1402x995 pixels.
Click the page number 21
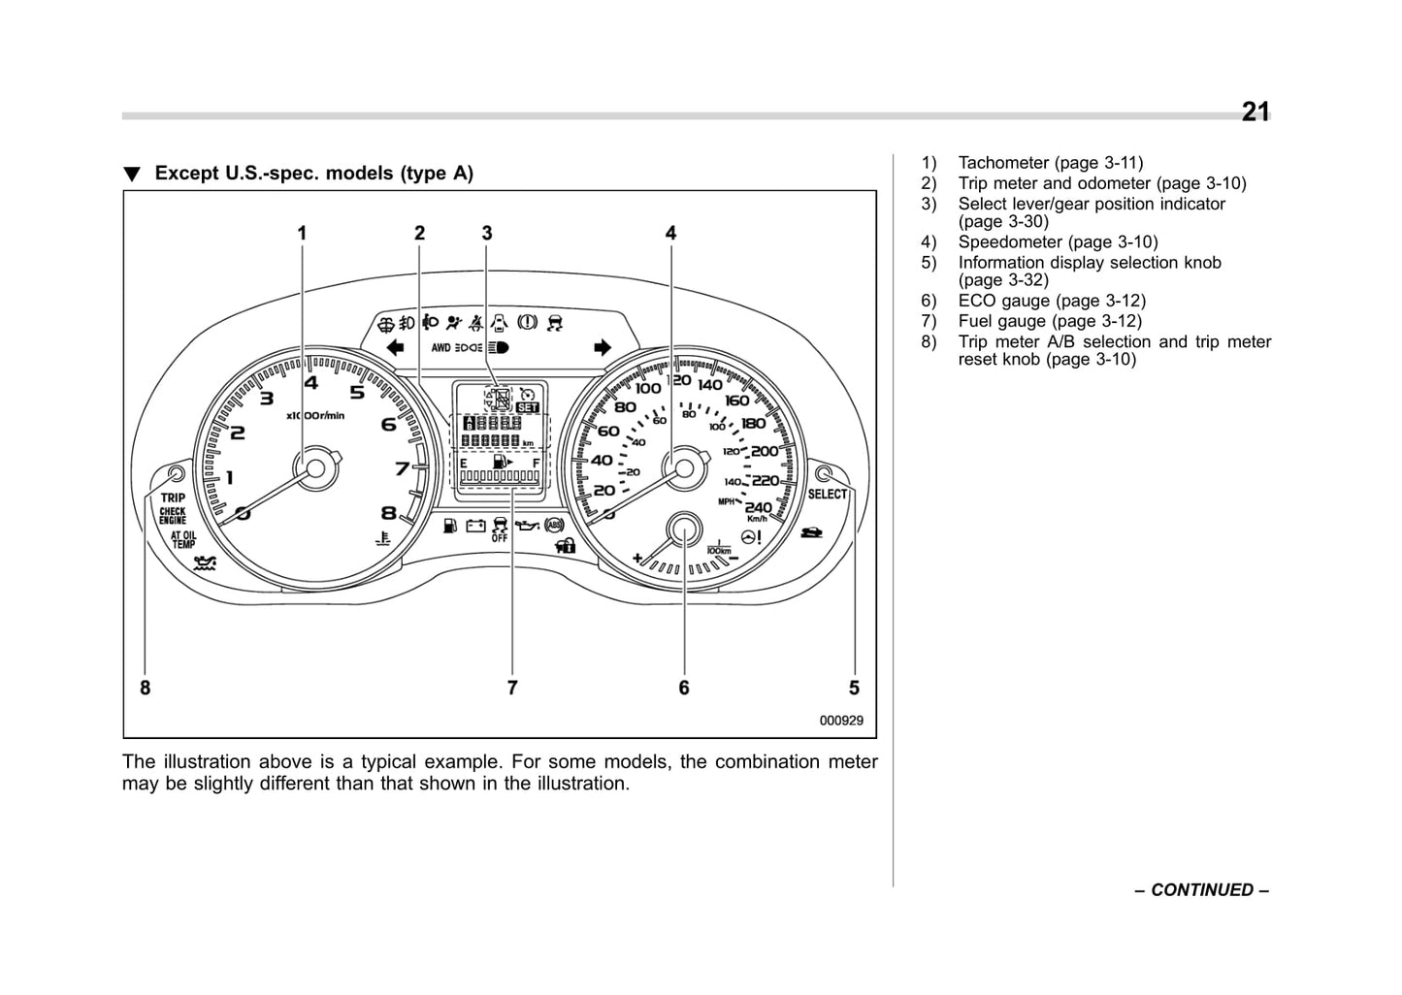click(1255, 112)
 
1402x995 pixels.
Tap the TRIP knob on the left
click(176, 474)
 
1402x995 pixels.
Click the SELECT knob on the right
click(824, 474)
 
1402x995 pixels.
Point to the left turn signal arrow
click(395, 347)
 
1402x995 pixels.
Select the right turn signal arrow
click(603, 347)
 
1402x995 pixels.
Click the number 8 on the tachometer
click(388, 513)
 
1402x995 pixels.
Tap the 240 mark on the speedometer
click(758, 507)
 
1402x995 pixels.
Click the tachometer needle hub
click(314, 468)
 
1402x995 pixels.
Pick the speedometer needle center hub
click(684, 468)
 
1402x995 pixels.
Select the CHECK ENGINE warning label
click(173, 515)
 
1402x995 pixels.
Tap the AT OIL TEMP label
click(183, 539)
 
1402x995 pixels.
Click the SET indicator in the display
click(528, 408)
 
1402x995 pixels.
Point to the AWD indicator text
click(440, 347)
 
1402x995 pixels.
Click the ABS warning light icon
click(554, 525)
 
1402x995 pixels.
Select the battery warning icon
click(475, 526)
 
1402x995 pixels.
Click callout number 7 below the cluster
click(512, 688)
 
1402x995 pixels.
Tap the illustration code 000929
click(840, 721)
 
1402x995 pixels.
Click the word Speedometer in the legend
click(1009, 242)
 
